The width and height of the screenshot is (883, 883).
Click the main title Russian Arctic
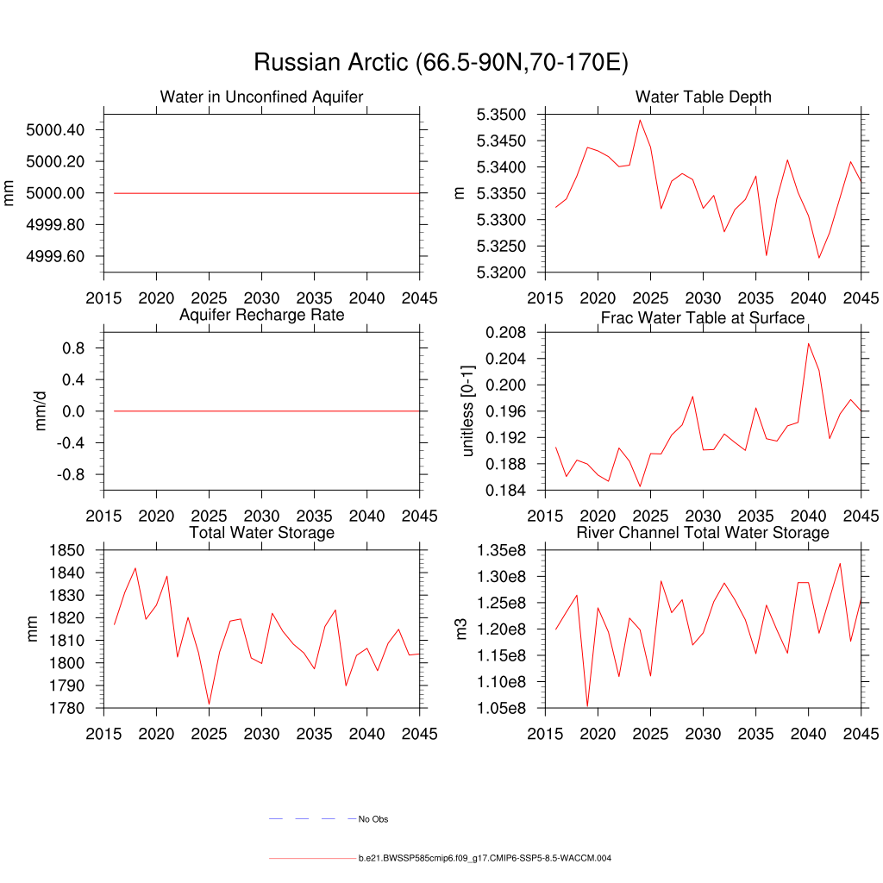click(x=441, y=62)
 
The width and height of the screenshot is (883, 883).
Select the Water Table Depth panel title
click(x=703, y=97)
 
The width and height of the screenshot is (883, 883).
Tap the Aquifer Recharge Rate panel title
click(x=261, y=315)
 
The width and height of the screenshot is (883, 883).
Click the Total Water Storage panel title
click(x=261, y=533)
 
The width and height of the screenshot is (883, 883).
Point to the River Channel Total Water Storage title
click(x=703, y=533)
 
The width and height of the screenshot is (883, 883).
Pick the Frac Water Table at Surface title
click(x=703, y=318)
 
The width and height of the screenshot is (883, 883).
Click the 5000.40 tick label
click(x=55, y=130)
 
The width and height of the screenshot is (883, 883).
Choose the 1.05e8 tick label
click(x=504, y=709)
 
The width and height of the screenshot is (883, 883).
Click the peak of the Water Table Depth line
click(x=640, y=120)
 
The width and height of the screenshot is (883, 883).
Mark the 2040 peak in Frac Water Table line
click(x=809, y=343)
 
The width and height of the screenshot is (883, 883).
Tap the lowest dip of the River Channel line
click(x=587, y=706)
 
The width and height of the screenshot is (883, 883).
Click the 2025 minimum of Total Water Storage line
click(x=209, y=705)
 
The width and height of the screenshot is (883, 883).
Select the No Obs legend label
click(x=373, y=819)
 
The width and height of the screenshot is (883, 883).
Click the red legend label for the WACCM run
click(x=485, y=859)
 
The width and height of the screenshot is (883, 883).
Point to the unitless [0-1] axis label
click(x=468, y=410)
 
